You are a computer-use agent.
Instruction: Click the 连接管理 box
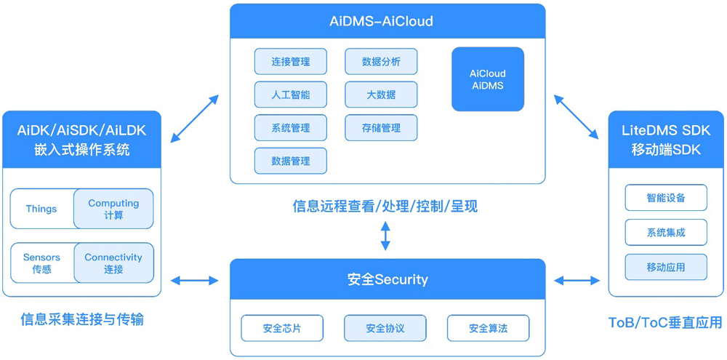point(291,61)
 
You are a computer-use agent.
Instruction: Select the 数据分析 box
point(382,61)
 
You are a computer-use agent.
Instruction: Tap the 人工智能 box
point(291,95)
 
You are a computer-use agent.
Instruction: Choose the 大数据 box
point(382,95)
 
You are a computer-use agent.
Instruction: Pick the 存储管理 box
point(382,127)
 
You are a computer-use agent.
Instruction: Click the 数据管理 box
point(291,161)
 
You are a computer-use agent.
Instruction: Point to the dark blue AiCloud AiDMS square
point(488,79)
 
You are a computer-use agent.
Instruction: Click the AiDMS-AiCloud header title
point(387,21)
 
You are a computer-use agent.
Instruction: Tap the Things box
point(41,209)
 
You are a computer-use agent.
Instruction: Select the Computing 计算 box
point(113,209)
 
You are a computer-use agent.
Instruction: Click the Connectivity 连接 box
point(113,263)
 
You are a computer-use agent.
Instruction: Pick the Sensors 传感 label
point(41,263)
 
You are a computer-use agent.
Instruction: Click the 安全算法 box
point(489,329)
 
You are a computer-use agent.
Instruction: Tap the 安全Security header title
point(387,280)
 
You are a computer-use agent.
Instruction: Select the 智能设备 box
point(666,198)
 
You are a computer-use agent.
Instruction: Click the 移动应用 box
point(666,267)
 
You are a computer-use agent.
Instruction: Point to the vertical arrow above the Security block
point(385,236)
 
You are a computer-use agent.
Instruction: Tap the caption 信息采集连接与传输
point(82,320)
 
